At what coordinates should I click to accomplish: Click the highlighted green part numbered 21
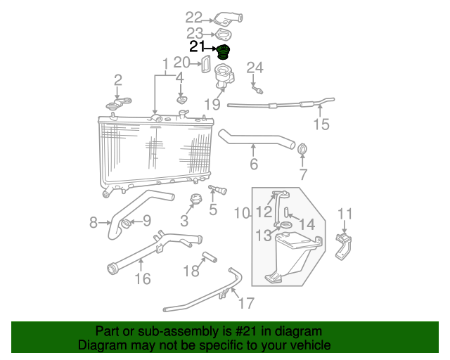[x=224, y=53]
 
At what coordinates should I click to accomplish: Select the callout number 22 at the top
[x=193, y=18]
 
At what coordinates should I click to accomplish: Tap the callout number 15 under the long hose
[x=321, y=125]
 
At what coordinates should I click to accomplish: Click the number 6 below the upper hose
[x=254, y=165]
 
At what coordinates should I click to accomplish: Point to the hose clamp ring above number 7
[x=303, y=149]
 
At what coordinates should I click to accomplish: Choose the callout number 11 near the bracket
[x=345, y=214]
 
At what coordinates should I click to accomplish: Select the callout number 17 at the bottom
[x=245, y=304]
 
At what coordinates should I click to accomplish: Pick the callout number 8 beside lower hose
[x=94, y=223]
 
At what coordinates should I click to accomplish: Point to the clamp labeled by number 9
[x=126, y=224]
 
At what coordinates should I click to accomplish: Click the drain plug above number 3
[x=197, y=200]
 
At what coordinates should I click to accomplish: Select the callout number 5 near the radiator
[x=213, y=209]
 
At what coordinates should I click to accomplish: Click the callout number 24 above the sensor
[x=254, y=67]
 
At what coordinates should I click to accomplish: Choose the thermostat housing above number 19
[x=224, y=73]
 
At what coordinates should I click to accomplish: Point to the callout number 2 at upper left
[x=117, y=79]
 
